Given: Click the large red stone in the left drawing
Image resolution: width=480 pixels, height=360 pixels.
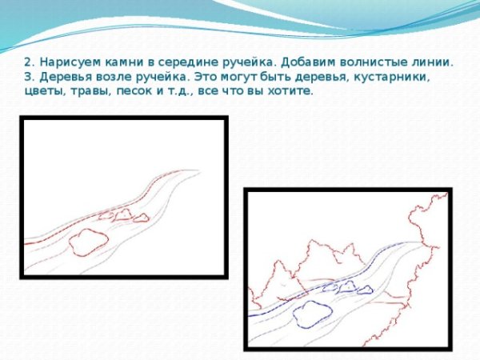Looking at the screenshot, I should coord(86,242).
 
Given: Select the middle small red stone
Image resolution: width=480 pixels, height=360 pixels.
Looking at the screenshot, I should coord(122,214).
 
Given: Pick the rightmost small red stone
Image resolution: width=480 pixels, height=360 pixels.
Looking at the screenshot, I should coord(141,218).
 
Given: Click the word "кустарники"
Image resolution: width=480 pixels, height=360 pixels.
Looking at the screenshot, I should coord(389,77).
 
